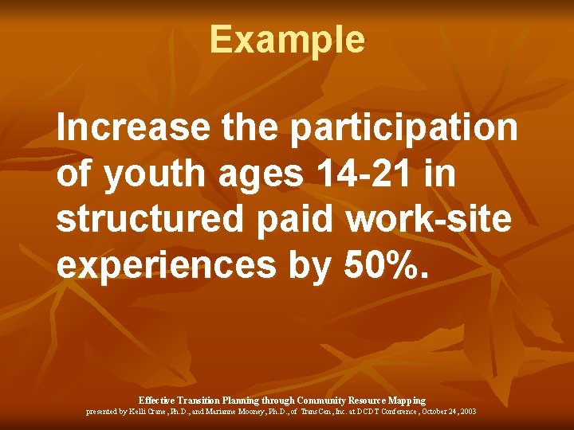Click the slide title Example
(287, 39)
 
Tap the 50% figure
(391, 266)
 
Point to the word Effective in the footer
(157, 400)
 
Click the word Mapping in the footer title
(407, 400)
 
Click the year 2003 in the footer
(468, 412)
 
